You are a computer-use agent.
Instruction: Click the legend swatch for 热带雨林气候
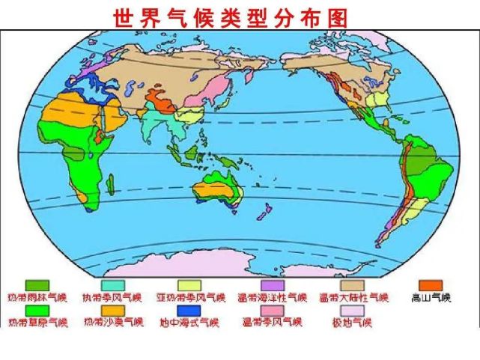37,285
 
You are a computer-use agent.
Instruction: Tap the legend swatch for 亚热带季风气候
189,285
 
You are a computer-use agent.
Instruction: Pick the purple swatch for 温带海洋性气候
271,285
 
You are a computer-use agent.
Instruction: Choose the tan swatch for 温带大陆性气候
352,285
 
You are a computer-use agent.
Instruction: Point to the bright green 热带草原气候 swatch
37,310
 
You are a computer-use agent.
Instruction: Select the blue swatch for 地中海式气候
189,310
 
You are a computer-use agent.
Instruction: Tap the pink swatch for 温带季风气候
271,310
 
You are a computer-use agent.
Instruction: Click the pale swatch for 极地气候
352,310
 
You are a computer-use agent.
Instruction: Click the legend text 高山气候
431,299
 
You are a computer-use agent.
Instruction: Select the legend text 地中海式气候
189,323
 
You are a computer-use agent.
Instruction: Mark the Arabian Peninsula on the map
113,117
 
